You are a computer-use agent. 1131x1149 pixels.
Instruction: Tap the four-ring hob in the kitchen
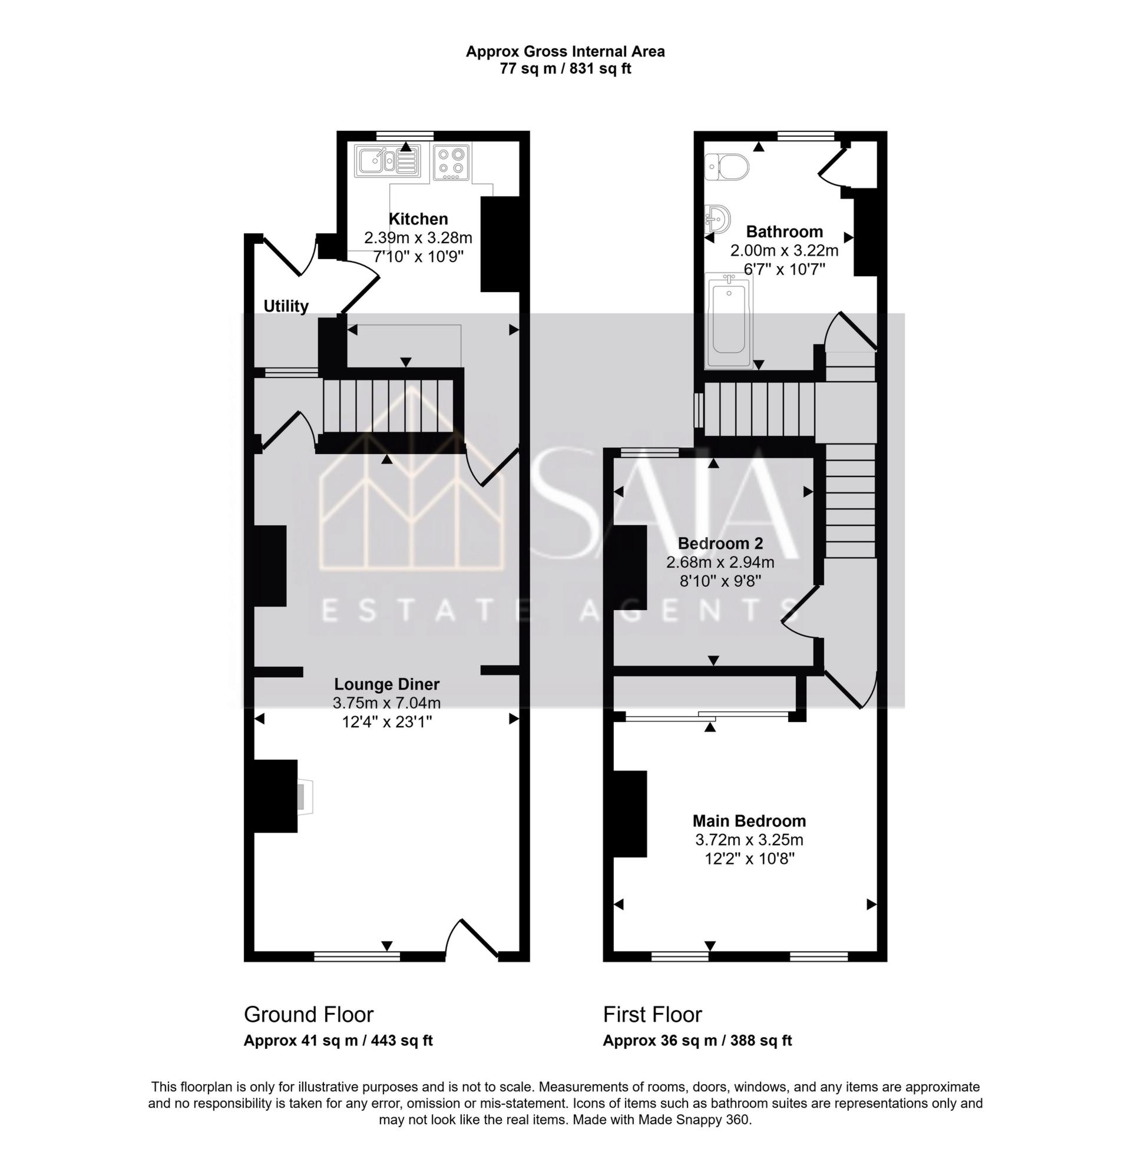click(x=451, y=161)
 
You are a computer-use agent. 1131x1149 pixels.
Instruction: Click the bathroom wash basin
click(x=717, y=220)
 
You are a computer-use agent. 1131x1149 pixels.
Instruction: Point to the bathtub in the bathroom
click(x=728, y=320)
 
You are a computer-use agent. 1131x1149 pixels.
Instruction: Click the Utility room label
click(x=286, y=306)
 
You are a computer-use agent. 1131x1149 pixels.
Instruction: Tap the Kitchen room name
click(x=418, y=218)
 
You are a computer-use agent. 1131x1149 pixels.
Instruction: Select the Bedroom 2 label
click(x=720, y=544)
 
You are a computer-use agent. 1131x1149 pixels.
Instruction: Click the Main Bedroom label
click(x=749, y=821)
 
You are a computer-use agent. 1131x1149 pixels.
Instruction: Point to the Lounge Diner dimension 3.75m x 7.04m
click(x=386, y=704)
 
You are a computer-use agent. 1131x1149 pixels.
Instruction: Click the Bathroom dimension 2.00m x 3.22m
click(x=784, y=250)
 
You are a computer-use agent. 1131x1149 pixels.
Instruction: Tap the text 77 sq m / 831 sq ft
click(x=565, y=69)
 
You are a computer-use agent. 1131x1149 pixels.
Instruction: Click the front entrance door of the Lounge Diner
click(x=472, y=940)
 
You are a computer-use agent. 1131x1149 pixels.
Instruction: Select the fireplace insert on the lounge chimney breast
click(x=305, y=796)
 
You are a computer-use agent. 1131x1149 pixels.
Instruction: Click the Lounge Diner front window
click(x=356, y=956)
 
